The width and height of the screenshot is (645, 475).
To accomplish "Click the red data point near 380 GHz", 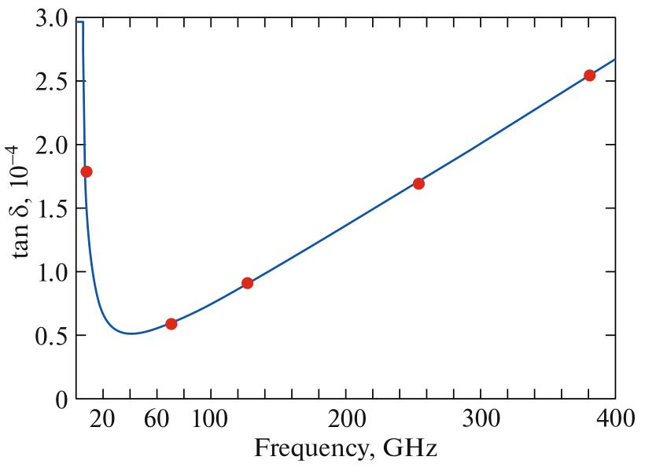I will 589,75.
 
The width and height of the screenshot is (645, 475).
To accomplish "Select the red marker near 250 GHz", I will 418,184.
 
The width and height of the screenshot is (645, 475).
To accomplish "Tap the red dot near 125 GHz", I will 247,283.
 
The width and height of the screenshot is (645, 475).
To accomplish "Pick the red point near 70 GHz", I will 171,324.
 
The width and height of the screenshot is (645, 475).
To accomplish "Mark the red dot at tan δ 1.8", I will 87,171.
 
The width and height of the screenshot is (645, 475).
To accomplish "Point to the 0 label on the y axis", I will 61,399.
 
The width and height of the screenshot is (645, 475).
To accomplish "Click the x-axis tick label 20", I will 103,420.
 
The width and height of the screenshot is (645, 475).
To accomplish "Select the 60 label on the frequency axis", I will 157,420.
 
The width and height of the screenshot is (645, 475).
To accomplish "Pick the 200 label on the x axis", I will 346,420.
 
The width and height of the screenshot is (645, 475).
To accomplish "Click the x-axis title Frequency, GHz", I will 345,451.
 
